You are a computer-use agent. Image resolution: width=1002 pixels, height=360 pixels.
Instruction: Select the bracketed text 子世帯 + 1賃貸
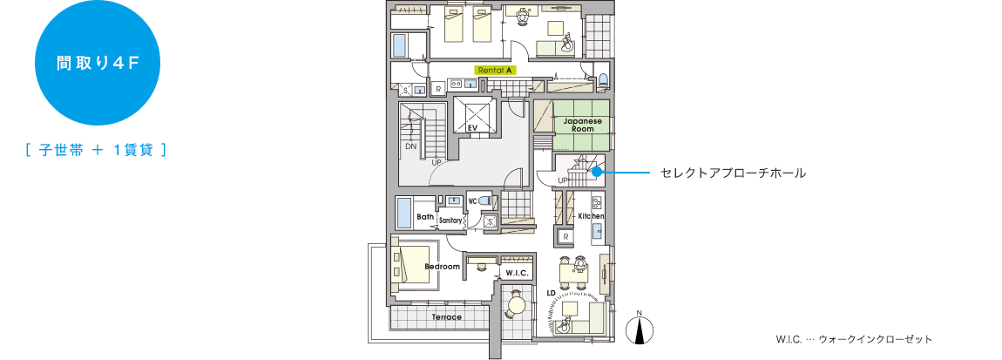tap(97, 150)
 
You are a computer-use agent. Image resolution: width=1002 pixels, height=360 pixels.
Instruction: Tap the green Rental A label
tap(496, 69)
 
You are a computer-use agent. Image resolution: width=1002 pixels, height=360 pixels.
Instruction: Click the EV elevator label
tap(473, 128)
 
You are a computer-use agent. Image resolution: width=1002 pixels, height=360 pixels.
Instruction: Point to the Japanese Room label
tap(582, 124)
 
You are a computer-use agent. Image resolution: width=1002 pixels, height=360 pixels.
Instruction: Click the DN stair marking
tap(410, 146)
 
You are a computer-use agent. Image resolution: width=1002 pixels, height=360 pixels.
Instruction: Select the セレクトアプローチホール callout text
tap(733, 173)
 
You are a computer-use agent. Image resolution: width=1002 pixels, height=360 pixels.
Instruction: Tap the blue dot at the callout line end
tap(597, 173)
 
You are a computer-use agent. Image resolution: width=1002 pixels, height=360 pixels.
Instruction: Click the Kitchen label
tap(591, 215)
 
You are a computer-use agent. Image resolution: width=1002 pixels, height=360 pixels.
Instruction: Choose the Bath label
tap(425, 217)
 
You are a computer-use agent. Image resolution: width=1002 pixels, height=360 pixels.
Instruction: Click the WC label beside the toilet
tap(472, 201)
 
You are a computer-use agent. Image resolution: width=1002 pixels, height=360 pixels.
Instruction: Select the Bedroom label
tap(442, 266)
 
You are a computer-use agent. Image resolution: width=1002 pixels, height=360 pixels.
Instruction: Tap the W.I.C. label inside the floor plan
tap(518, 273)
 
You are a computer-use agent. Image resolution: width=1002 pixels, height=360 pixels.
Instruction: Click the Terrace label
tap(446, 316)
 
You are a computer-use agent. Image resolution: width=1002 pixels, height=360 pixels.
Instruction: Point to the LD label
tap(552, 293)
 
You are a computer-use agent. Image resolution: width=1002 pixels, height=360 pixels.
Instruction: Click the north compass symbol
tap(640, 328)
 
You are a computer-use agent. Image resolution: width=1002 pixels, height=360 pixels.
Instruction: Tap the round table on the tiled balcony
tap(517, 305)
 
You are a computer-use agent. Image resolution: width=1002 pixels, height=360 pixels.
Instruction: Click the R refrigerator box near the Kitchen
tap(565, 236)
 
